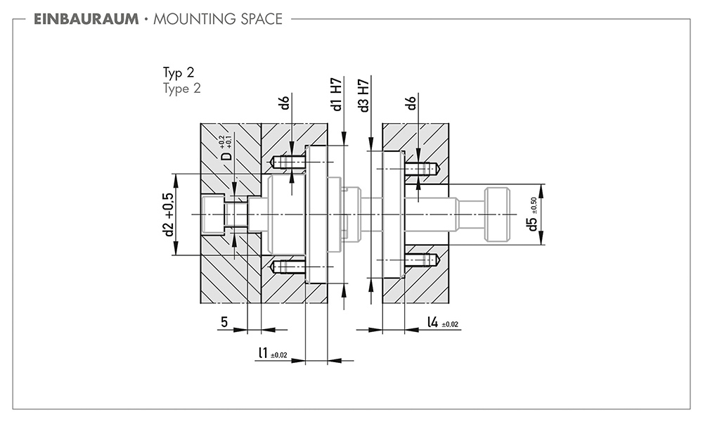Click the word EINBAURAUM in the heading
[x=86, y=19]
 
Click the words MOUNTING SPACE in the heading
[x=218, y=19]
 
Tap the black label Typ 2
[x=179, y=72]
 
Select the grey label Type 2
[x=181, y=89]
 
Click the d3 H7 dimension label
[x=363, y=96]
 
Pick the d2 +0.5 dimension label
[x=168, y=215]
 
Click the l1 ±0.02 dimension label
[x=273, y=353]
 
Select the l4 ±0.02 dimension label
[x=442, y=322]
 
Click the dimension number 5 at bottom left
[x=224, y=321]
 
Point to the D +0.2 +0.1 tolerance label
[x=226, y=148]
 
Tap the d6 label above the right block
[x=411, y=102]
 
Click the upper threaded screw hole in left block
[x=288, y=162]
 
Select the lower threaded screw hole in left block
[x=288, y=267]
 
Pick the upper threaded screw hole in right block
[x=422, y=169]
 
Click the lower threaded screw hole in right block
[x=422, y=260]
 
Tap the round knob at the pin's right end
[x=497, y=215]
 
